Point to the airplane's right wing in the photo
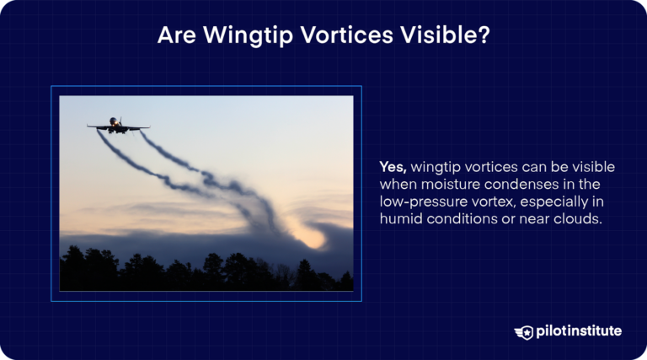pyautogui.click(x=137, y=127)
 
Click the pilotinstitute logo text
pyautogui.click(x=579, y=331)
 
